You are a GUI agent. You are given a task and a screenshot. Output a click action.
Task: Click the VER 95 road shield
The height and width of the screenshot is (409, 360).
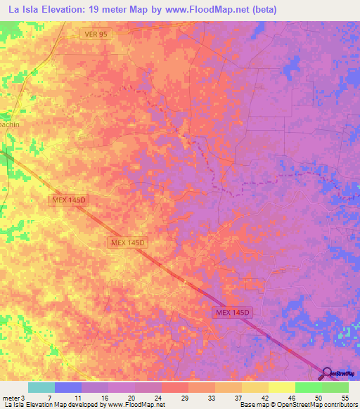pos(95,33)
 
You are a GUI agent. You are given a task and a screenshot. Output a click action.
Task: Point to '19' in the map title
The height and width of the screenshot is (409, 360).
pos(101,10)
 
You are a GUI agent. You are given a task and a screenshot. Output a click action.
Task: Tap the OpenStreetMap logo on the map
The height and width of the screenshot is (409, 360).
pos(340,373)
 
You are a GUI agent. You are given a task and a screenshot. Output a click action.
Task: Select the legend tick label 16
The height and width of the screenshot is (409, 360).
pos(105,396)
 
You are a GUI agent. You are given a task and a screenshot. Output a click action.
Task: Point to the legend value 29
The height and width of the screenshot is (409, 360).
pos(184,396)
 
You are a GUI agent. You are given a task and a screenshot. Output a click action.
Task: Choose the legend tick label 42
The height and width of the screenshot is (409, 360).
pos(265,396)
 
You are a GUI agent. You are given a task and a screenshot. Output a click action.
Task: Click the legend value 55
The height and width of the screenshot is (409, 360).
pos(345,396)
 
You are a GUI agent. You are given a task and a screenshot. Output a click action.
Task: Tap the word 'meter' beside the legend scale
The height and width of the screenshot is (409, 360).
pos(10,396)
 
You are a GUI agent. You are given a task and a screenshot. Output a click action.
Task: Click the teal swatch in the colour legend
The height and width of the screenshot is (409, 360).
pos(41,387)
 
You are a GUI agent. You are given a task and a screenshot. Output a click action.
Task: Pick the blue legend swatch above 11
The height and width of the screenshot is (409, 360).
pos(67,387)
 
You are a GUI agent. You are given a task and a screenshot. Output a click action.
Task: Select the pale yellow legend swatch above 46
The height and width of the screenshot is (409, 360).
pos(281,387)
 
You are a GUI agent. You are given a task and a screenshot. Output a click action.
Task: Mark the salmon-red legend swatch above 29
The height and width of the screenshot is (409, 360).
pos(174,387)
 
